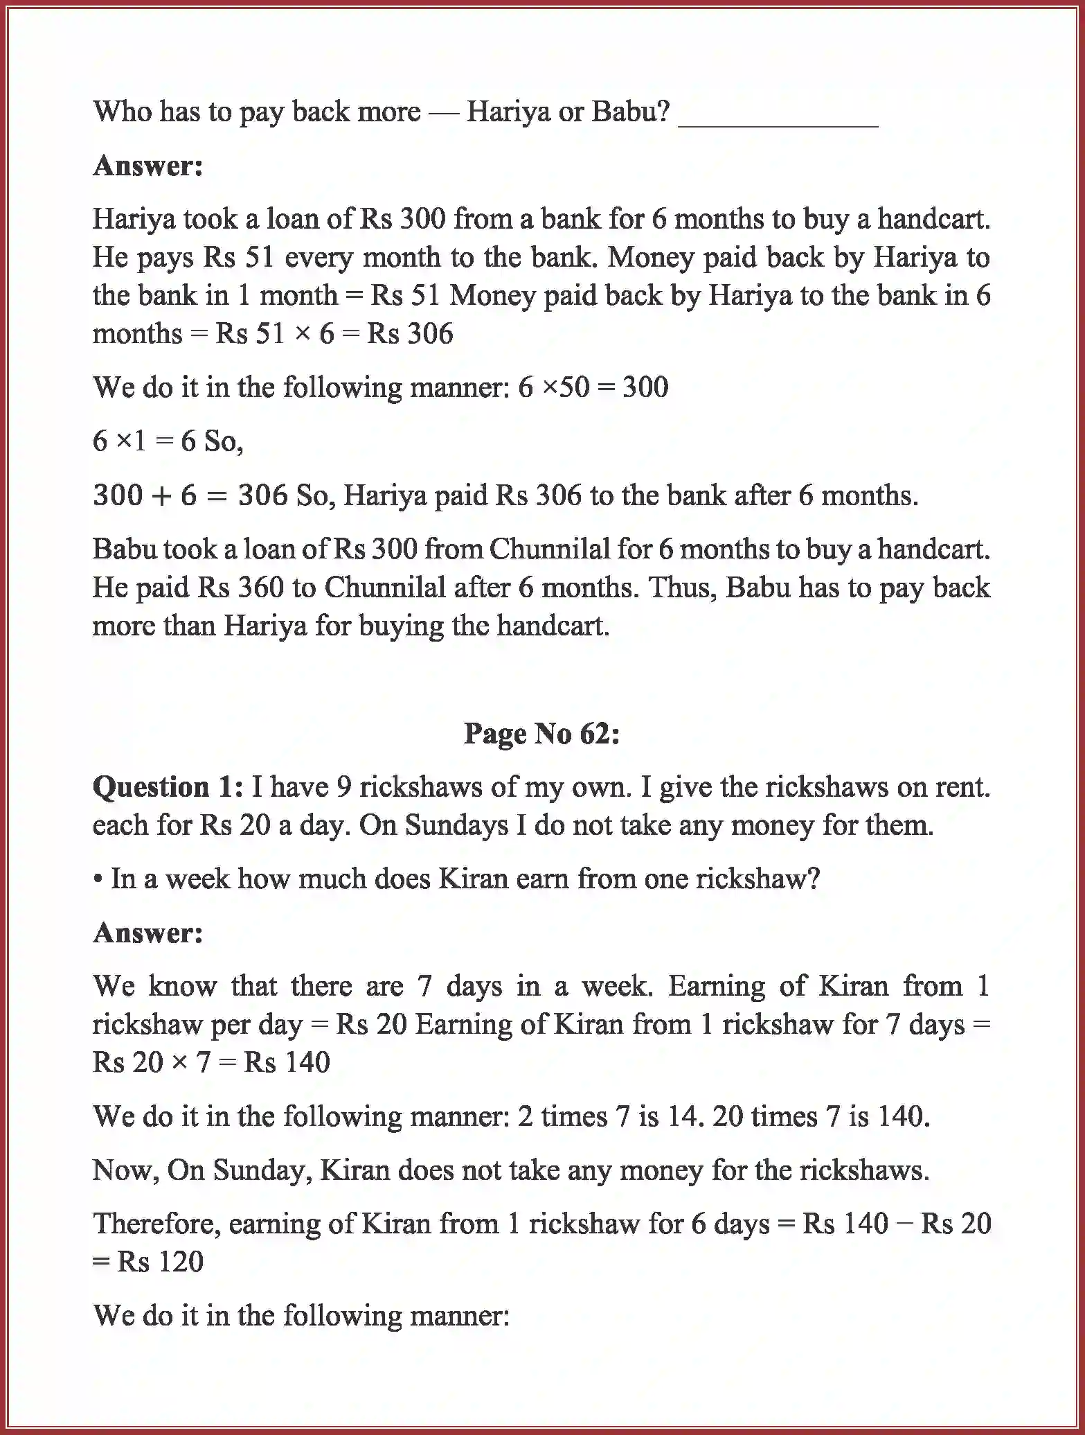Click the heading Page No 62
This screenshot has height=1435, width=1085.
point(541,733)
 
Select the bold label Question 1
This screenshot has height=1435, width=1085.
point(168,787)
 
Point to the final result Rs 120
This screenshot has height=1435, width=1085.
point(160,1262)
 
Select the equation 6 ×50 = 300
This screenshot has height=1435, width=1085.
point(593,387)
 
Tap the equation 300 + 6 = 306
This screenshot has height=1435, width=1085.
point(190,495)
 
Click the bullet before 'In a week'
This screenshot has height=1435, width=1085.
point(98,879)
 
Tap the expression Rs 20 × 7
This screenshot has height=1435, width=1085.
point(151,1062)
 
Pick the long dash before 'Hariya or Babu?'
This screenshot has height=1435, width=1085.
point(444,112)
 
